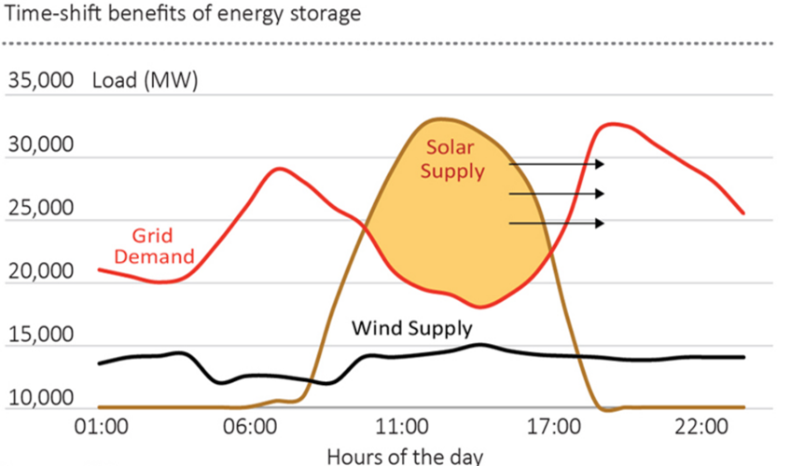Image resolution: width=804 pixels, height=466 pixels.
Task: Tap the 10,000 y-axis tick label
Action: click(x=40, y=399)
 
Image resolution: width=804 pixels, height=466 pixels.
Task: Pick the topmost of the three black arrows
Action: click(x=557, y=164)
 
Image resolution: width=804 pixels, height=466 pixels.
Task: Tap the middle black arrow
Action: click(x=557, y=194)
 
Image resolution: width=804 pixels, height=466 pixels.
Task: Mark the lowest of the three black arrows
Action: click(x=557, y=223)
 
